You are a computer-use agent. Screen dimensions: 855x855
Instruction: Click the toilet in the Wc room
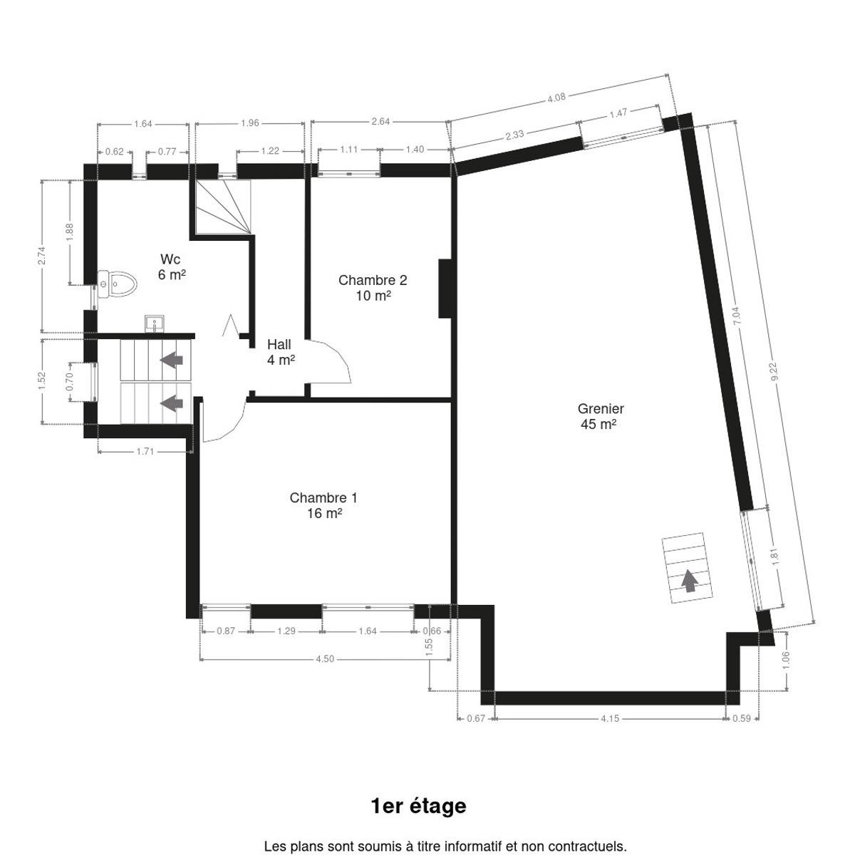pyautogui.click(x=117, y=284)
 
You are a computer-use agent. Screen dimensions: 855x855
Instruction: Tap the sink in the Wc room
pyautogui.click(x=154, y=323)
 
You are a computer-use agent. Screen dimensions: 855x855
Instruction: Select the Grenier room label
pyautogui.click(x=601, y=415)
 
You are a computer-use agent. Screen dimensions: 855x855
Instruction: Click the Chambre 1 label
pyautogui.click(x=323, y=505)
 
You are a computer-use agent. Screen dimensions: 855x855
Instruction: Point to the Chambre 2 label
pyautogui.click(x=373, y=288)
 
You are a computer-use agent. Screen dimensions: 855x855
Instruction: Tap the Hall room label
pyautogui.click(x=280, y=352)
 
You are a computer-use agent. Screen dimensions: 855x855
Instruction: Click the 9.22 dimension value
pyautogui.click(x=775, y=372)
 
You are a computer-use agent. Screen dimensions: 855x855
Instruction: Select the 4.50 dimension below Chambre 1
pyautogui.click(x=325, y=659)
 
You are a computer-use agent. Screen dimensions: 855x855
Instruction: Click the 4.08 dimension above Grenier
pyautogui.click(x=556, y=98)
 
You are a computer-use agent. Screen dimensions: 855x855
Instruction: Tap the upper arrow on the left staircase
pyautogui.click(x=171, y=359)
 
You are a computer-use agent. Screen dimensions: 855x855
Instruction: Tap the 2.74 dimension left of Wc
pyautogui.click(x=42, y=256)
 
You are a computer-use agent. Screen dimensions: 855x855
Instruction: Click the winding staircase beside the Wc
pyautogui.click(x=224, y=207)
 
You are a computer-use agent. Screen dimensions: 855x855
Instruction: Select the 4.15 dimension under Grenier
pyautogui.click(x=610, y=718)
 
